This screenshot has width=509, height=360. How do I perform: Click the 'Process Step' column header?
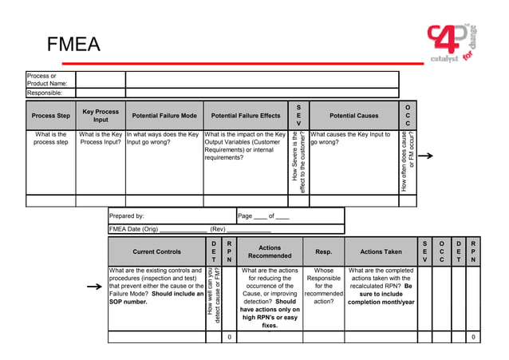coord(50,116)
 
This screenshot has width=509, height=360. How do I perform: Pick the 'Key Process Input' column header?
coord(101,116)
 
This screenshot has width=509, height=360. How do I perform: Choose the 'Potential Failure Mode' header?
coord(164,116)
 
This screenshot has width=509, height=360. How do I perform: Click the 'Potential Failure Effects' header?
coord(246,116)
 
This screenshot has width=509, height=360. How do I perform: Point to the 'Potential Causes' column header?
coord(353,116)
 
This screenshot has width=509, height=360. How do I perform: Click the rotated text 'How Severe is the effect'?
coord(299,162)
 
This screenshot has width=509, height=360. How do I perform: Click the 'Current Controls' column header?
coord(156,251)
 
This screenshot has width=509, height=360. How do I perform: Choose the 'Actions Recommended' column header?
coord(270,251)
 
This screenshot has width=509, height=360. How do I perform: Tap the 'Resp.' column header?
coord(323,251)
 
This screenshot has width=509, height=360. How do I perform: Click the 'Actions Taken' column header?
coord(381,251)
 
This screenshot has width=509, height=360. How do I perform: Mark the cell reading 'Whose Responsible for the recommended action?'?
coord(323,286)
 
